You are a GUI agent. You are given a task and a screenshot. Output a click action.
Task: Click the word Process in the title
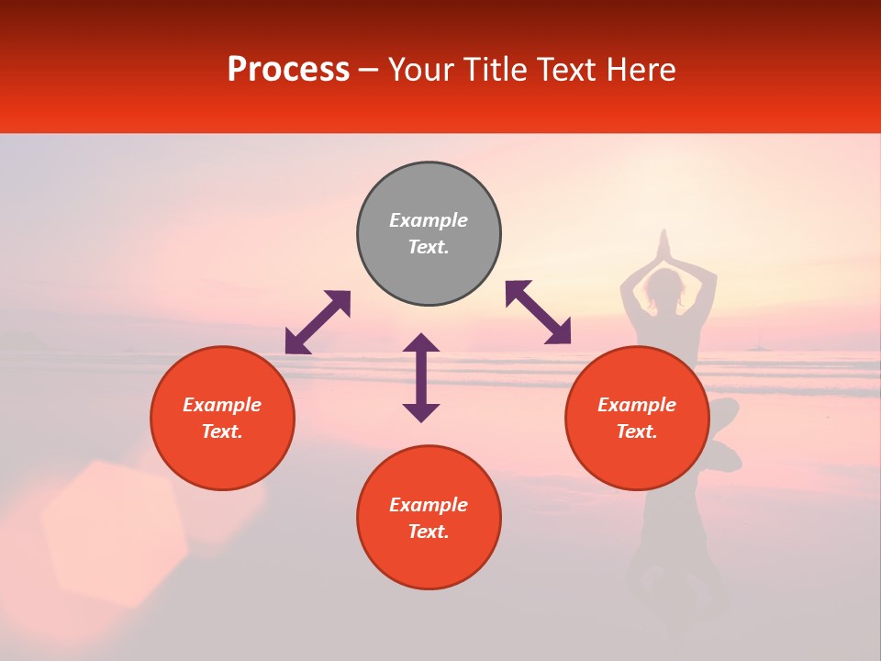point(288,70)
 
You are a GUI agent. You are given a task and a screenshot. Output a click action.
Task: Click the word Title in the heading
point(495,70)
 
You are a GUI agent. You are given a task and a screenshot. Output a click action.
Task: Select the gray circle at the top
point(429,234)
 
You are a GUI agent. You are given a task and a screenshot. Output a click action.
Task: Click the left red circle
point(222,418)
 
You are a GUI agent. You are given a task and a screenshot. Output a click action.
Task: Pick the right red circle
point(637,418)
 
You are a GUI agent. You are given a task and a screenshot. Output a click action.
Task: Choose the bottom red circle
point(429,518)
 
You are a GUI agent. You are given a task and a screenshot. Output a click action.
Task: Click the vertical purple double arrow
point(421,377)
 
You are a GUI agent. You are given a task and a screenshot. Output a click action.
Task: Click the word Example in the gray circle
point(429,220)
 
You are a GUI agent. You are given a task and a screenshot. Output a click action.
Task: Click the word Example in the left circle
point(222,405)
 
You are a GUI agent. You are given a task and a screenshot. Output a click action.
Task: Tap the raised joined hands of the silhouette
point(665,246)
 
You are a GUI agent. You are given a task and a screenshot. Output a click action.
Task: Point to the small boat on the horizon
point(757,347)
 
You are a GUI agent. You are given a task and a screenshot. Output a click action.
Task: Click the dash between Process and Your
point(368,71)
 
